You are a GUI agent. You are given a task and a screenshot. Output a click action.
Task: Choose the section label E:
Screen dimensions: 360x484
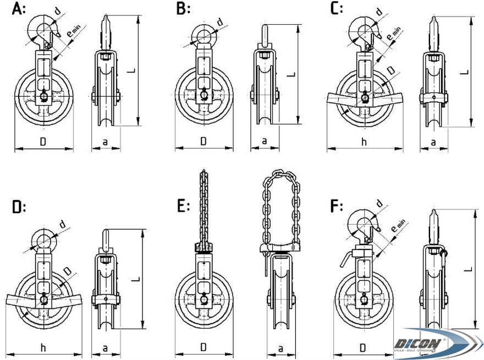(183, 207)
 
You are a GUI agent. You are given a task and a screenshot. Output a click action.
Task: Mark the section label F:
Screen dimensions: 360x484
(335, 207)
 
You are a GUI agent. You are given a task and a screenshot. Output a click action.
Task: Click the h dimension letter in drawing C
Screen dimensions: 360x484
(364, 142)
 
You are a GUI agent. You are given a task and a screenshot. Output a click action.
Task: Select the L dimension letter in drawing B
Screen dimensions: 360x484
(292, 74)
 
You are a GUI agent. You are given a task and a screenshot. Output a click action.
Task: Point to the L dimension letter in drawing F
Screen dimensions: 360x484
(466, 269)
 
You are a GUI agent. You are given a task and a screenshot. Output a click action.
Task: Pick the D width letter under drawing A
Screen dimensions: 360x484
(43, 142)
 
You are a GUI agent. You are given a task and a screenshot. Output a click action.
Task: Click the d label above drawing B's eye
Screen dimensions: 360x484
(220, 21)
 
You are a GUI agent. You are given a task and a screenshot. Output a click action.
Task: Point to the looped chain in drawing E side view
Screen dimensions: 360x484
(280, 209)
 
